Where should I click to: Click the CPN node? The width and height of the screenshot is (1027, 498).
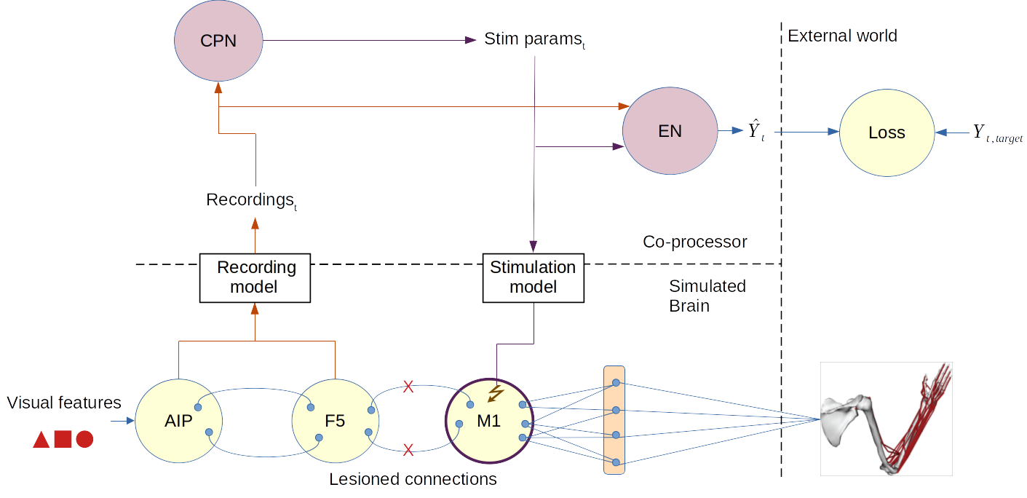click(218, 41)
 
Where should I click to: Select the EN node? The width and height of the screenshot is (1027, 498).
click(669, 132)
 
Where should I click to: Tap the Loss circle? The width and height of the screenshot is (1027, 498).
click(886, 133)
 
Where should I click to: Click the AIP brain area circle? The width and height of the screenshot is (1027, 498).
click(178, 421)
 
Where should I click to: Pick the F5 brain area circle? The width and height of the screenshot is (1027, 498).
click(334, 421)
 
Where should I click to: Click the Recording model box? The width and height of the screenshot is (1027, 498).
click(255, 277)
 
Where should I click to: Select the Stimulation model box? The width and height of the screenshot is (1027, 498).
click(533, 277)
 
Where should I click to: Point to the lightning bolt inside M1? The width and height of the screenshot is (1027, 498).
click(496, 394)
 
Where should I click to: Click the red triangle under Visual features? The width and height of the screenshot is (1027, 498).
click(41, 440)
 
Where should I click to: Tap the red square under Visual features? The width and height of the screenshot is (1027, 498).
click(63, 439)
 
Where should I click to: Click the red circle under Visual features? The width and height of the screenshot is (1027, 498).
click(84, 439)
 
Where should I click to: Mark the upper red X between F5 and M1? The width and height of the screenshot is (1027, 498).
click(408, 387)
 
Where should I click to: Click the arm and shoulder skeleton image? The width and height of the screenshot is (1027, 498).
click(886, 419)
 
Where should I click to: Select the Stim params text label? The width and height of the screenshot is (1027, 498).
click(534, 39)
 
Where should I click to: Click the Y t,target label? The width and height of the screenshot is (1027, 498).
click(997, 133)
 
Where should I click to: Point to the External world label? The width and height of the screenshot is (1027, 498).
click(842, 36)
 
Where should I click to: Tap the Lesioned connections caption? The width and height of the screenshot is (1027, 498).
click(413, 479)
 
